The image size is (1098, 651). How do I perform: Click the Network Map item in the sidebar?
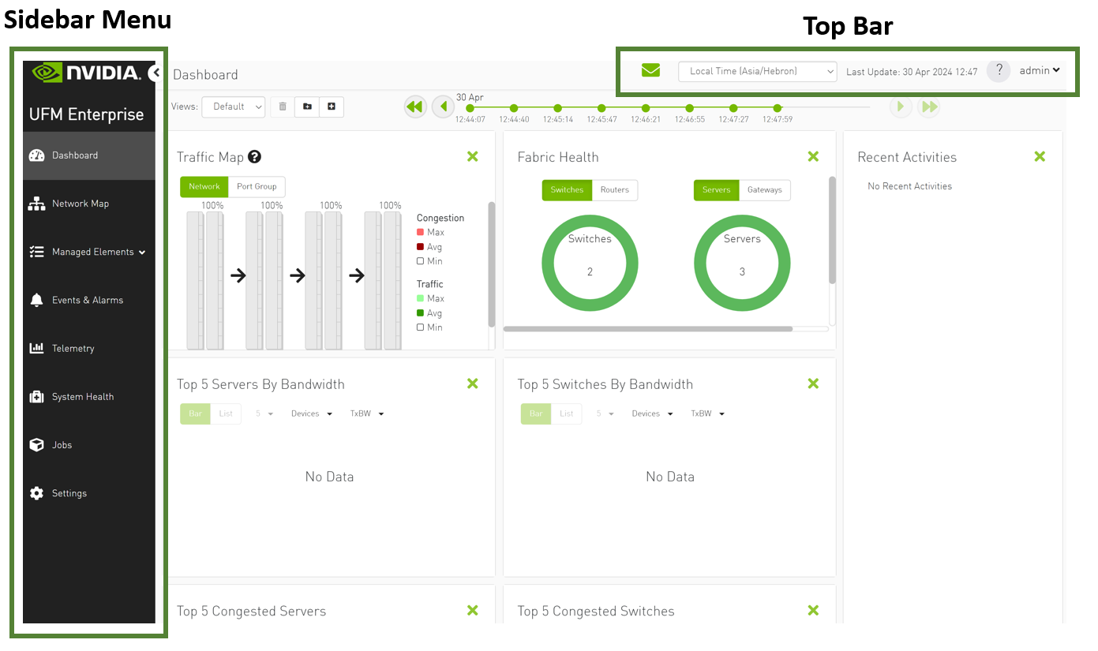click(x=80, y=204)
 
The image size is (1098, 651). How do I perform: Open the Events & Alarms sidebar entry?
click(x=87, y=300)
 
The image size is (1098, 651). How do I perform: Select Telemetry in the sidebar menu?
click(x=73, y=348)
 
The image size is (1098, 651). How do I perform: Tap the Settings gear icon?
click(x=36, y=493)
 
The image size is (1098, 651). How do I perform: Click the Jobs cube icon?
click(x=36, y=445)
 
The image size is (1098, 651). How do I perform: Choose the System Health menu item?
click(x=82, y=397)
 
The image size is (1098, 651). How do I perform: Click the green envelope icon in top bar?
click(x=650, y=70)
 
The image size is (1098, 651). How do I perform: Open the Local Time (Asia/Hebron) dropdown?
click(x=756, y=71)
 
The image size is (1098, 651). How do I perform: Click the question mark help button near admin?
click(x=999, y=70)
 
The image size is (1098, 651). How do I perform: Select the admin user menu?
click(x=1039, y=70)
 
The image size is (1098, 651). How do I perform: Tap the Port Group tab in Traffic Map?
click(x=257, y=186)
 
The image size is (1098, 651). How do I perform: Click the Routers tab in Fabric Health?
click(x=614, y=189)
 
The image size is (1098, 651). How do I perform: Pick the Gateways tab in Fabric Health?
click(x=764, y=189)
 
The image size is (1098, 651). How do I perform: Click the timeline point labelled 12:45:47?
click(x=601, y=108)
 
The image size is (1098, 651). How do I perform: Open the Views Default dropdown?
click(x=234, y=107)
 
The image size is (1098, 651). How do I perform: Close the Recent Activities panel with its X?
click(x=1040, y=156)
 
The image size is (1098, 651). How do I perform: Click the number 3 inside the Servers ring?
click(x=742, y=271)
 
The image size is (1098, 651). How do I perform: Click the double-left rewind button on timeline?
click(x=415, y=107)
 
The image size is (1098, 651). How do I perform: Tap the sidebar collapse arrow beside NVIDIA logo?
click(x=156, y=73)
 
